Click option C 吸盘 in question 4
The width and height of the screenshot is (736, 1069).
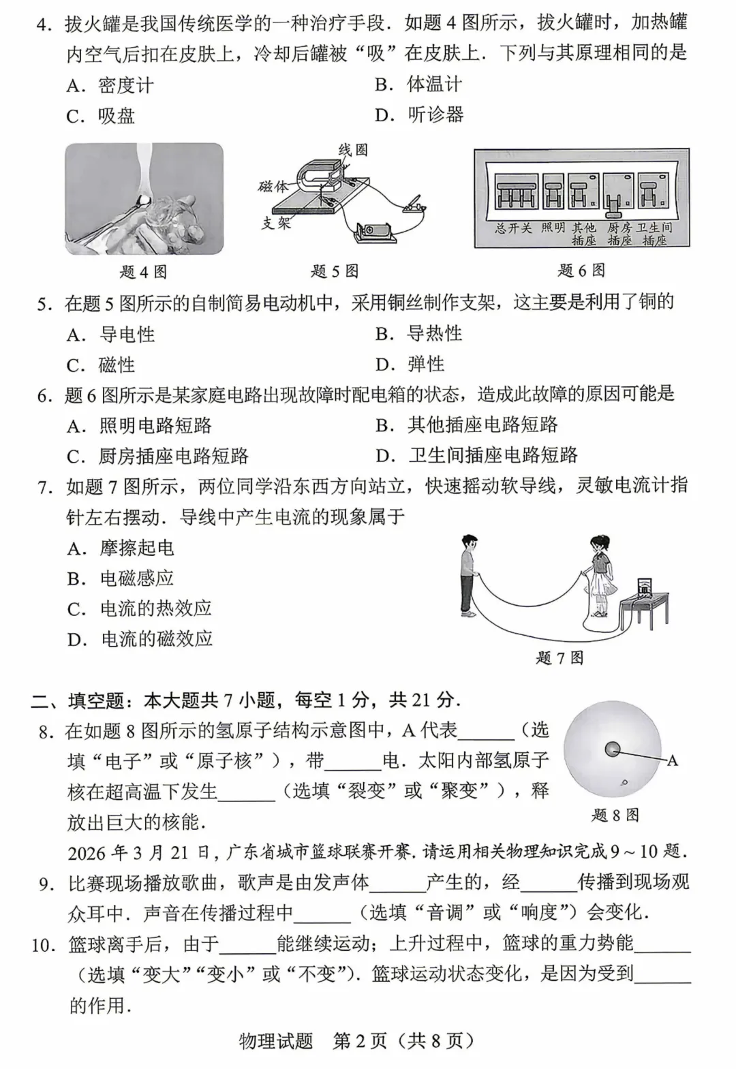click(100, 116)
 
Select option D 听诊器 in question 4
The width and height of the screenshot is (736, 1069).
click(419, 114)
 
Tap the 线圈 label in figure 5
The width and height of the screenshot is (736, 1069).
click(353, 150)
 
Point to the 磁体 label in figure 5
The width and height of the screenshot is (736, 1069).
click(273, 186)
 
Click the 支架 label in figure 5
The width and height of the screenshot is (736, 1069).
click(276, 222)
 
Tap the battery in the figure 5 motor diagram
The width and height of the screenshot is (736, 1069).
click(375, 232)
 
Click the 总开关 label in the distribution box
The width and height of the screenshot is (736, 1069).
click(513, 228)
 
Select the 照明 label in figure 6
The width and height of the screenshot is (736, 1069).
click(553, 228)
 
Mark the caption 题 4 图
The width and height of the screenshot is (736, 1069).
click(143, 272)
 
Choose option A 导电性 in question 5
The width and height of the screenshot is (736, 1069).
click(110, 335)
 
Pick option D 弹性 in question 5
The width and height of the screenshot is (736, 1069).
click(410, 365)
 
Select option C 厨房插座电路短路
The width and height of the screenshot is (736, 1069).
click(157, 456)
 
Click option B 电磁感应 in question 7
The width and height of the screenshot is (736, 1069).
click(120, 578)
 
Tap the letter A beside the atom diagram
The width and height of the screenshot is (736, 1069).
click(672, 760)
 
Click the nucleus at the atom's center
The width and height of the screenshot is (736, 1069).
click(613, 749)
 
